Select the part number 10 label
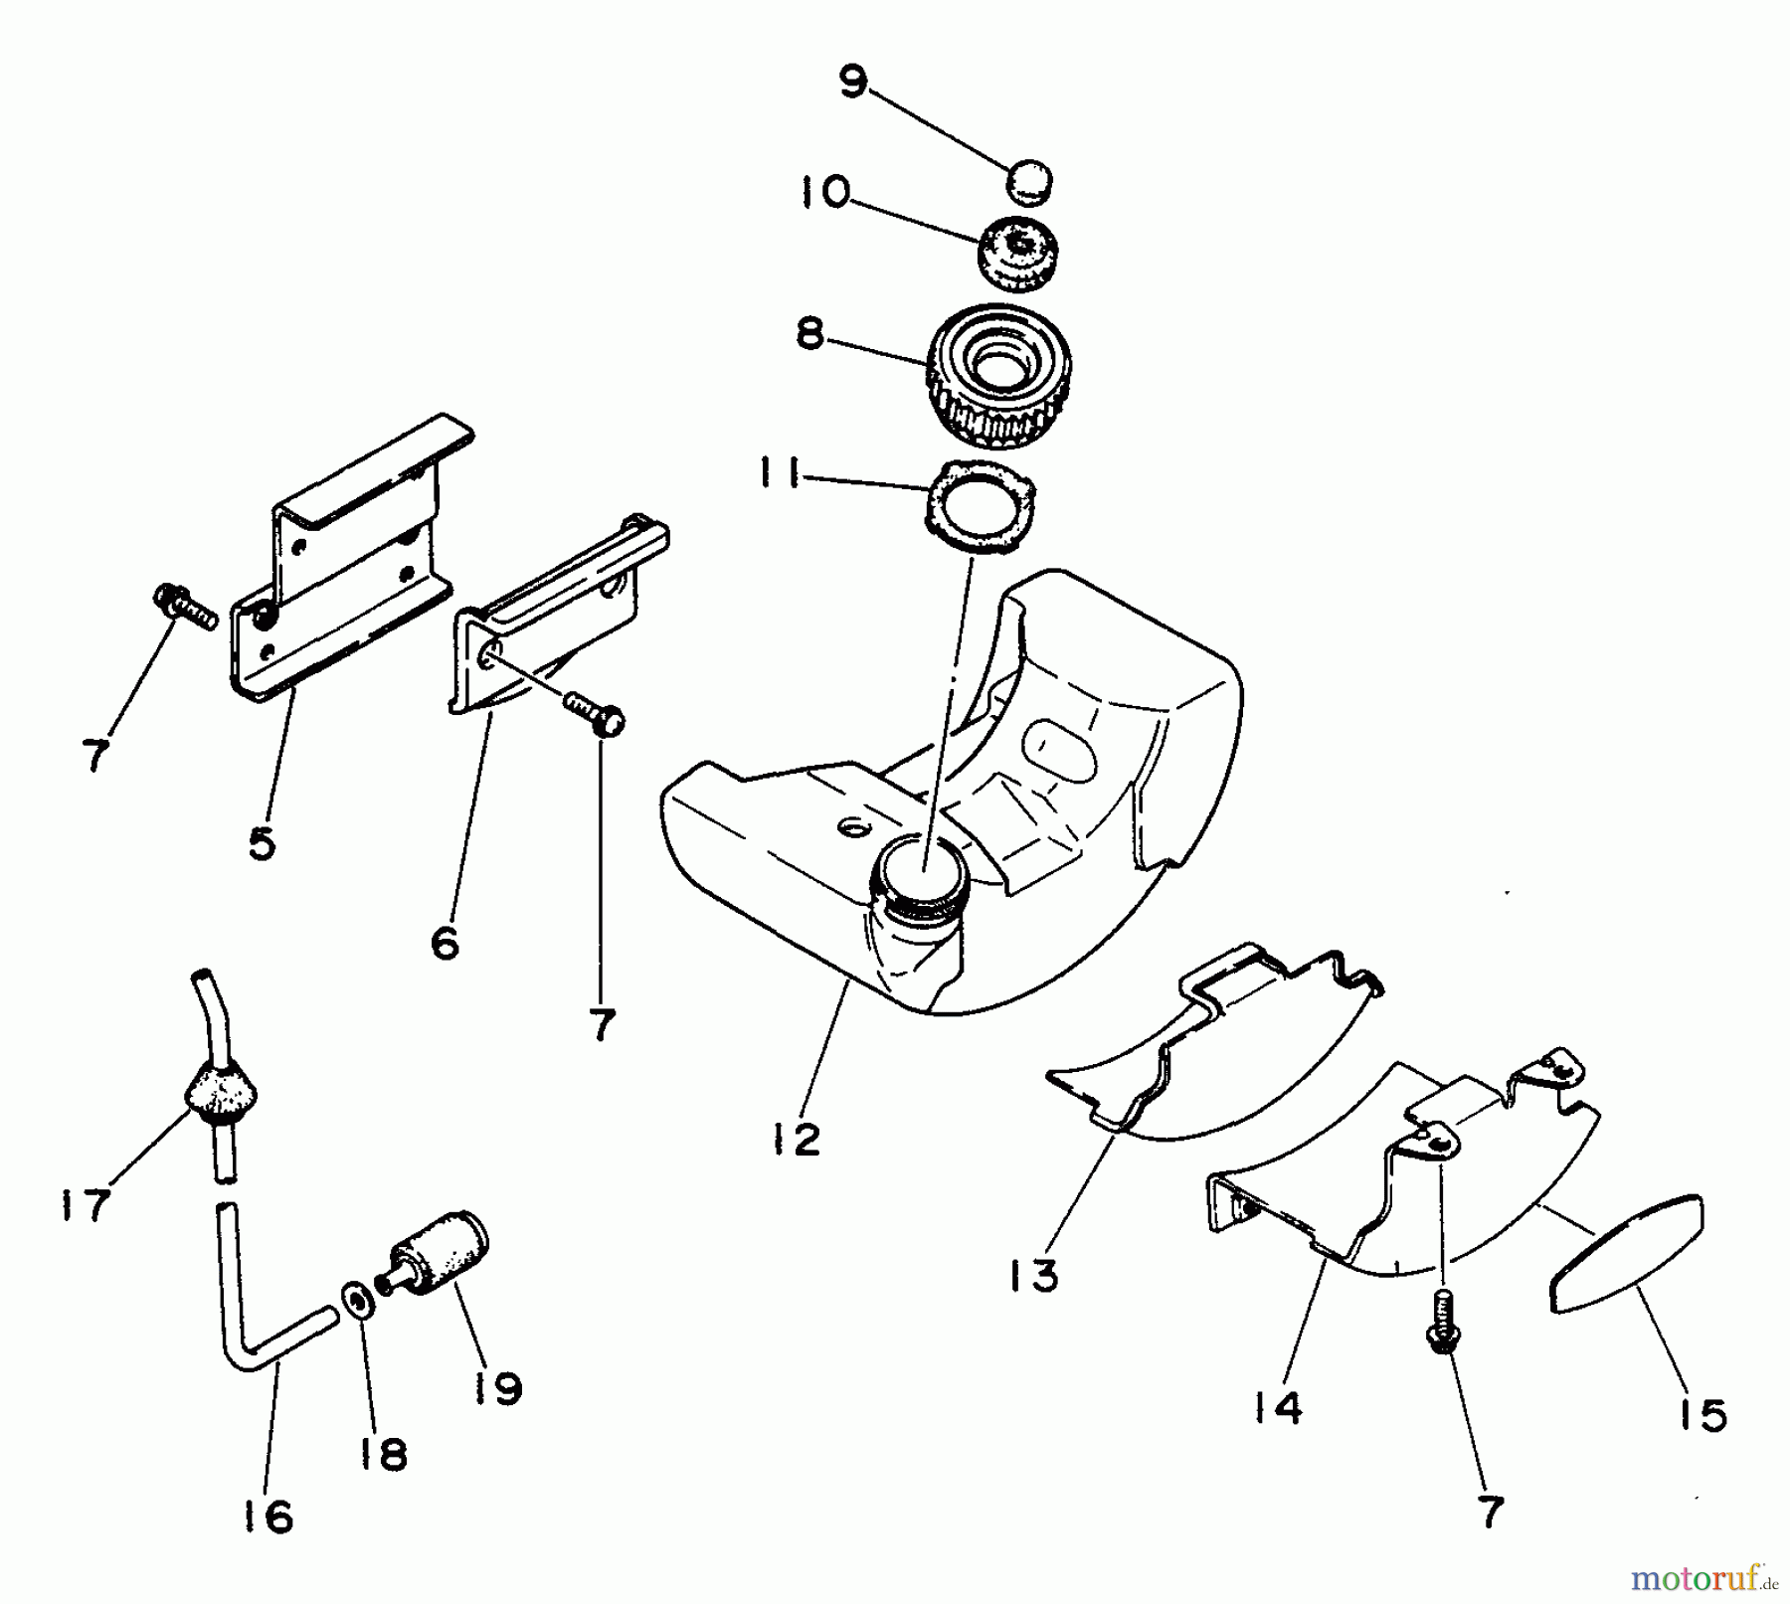click(822, 192)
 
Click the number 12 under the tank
click(796, 1140)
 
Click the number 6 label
click(446, 942)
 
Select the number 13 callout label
click(1033, 1276)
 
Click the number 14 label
click(1278, 1407)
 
